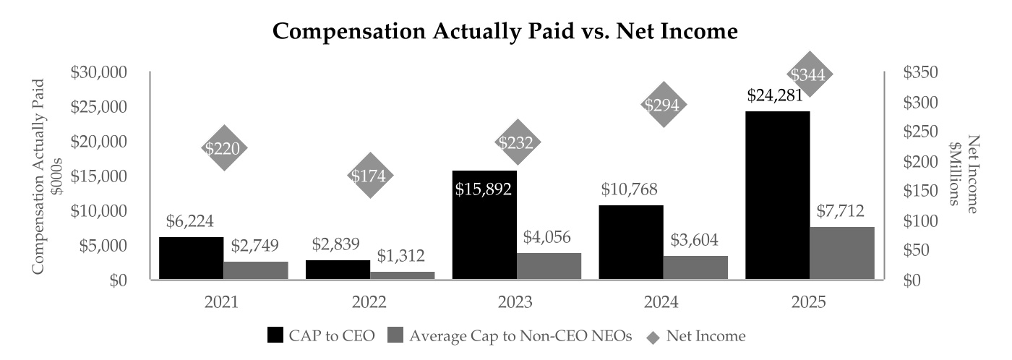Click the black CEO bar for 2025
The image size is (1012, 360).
(777, 195)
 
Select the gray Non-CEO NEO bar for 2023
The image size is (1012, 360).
(549, 266)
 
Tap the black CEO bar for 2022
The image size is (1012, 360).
(338, 270)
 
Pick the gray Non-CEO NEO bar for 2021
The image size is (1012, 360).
(256, 270)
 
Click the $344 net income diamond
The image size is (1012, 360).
(809, 74)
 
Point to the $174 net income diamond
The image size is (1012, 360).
(370, 175)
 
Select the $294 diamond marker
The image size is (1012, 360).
(664, 104)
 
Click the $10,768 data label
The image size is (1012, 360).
(629, 189)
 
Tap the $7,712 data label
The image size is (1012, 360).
(840, 210)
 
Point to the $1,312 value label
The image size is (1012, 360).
(400, 256)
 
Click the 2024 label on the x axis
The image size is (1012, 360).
(661, 301)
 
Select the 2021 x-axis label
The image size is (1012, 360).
(221, 301)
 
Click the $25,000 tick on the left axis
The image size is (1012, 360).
(99, 106)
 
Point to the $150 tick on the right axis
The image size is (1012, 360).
(921, 191)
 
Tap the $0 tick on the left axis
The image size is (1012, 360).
(119, 280)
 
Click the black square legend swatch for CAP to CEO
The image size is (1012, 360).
(275, 335)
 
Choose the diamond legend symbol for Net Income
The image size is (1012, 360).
(653, 337)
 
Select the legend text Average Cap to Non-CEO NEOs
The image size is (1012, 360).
(520, 335)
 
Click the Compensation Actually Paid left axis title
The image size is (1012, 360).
(38, 176)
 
